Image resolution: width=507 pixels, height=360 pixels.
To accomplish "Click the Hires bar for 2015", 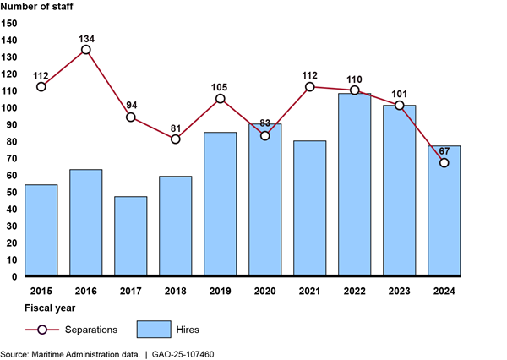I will (x=41, y=230).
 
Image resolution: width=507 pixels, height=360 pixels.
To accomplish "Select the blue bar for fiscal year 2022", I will (x=354, y=184).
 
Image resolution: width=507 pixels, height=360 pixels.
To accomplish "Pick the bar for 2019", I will (x=220, y=204).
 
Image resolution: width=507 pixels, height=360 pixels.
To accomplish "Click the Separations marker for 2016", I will (x=85, y=50).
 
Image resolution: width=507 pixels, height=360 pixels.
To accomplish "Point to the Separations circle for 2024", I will (x=444, y=162).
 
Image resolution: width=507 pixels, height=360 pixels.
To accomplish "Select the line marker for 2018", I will (x=175, y=139).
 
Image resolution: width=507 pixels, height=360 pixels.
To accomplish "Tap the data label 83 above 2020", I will (x=264, y=123).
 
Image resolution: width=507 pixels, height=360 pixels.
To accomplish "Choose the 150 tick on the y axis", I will (x=9, y=23).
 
